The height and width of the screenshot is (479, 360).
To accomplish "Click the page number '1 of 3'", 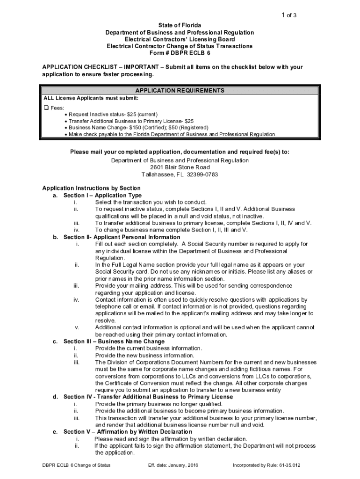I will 288,15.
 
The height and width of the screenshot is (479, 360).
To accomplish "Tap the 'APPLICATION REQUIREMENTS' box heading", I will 180,91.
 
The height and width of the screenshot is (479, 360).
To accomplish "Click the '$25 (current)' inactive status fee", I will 142,114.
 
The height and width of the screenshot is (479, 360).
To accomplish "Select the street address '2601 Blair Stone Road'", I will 180,167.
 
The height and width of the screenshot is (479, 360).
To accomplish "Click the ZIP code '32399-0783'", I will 202,174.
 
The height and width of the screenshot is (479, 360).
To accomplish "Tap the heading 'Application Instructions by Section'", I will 91,188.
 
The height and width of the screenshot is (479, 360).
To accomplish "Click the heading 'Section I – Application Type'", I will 102,195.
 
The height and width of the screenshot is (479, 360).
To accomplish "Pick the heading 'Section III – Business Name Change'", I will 114,341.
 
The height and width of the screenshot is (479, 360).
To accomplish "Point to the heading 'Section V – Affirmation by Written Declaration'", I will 128,432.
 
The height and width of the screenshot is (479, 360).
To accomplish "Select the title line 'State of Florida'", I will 180,25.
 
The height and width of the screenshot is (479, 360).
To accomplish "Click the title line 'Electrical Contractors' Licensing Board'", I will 180,39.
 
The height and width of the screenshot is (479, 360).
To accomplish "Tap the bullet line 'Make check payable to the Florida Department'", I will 173,134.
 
